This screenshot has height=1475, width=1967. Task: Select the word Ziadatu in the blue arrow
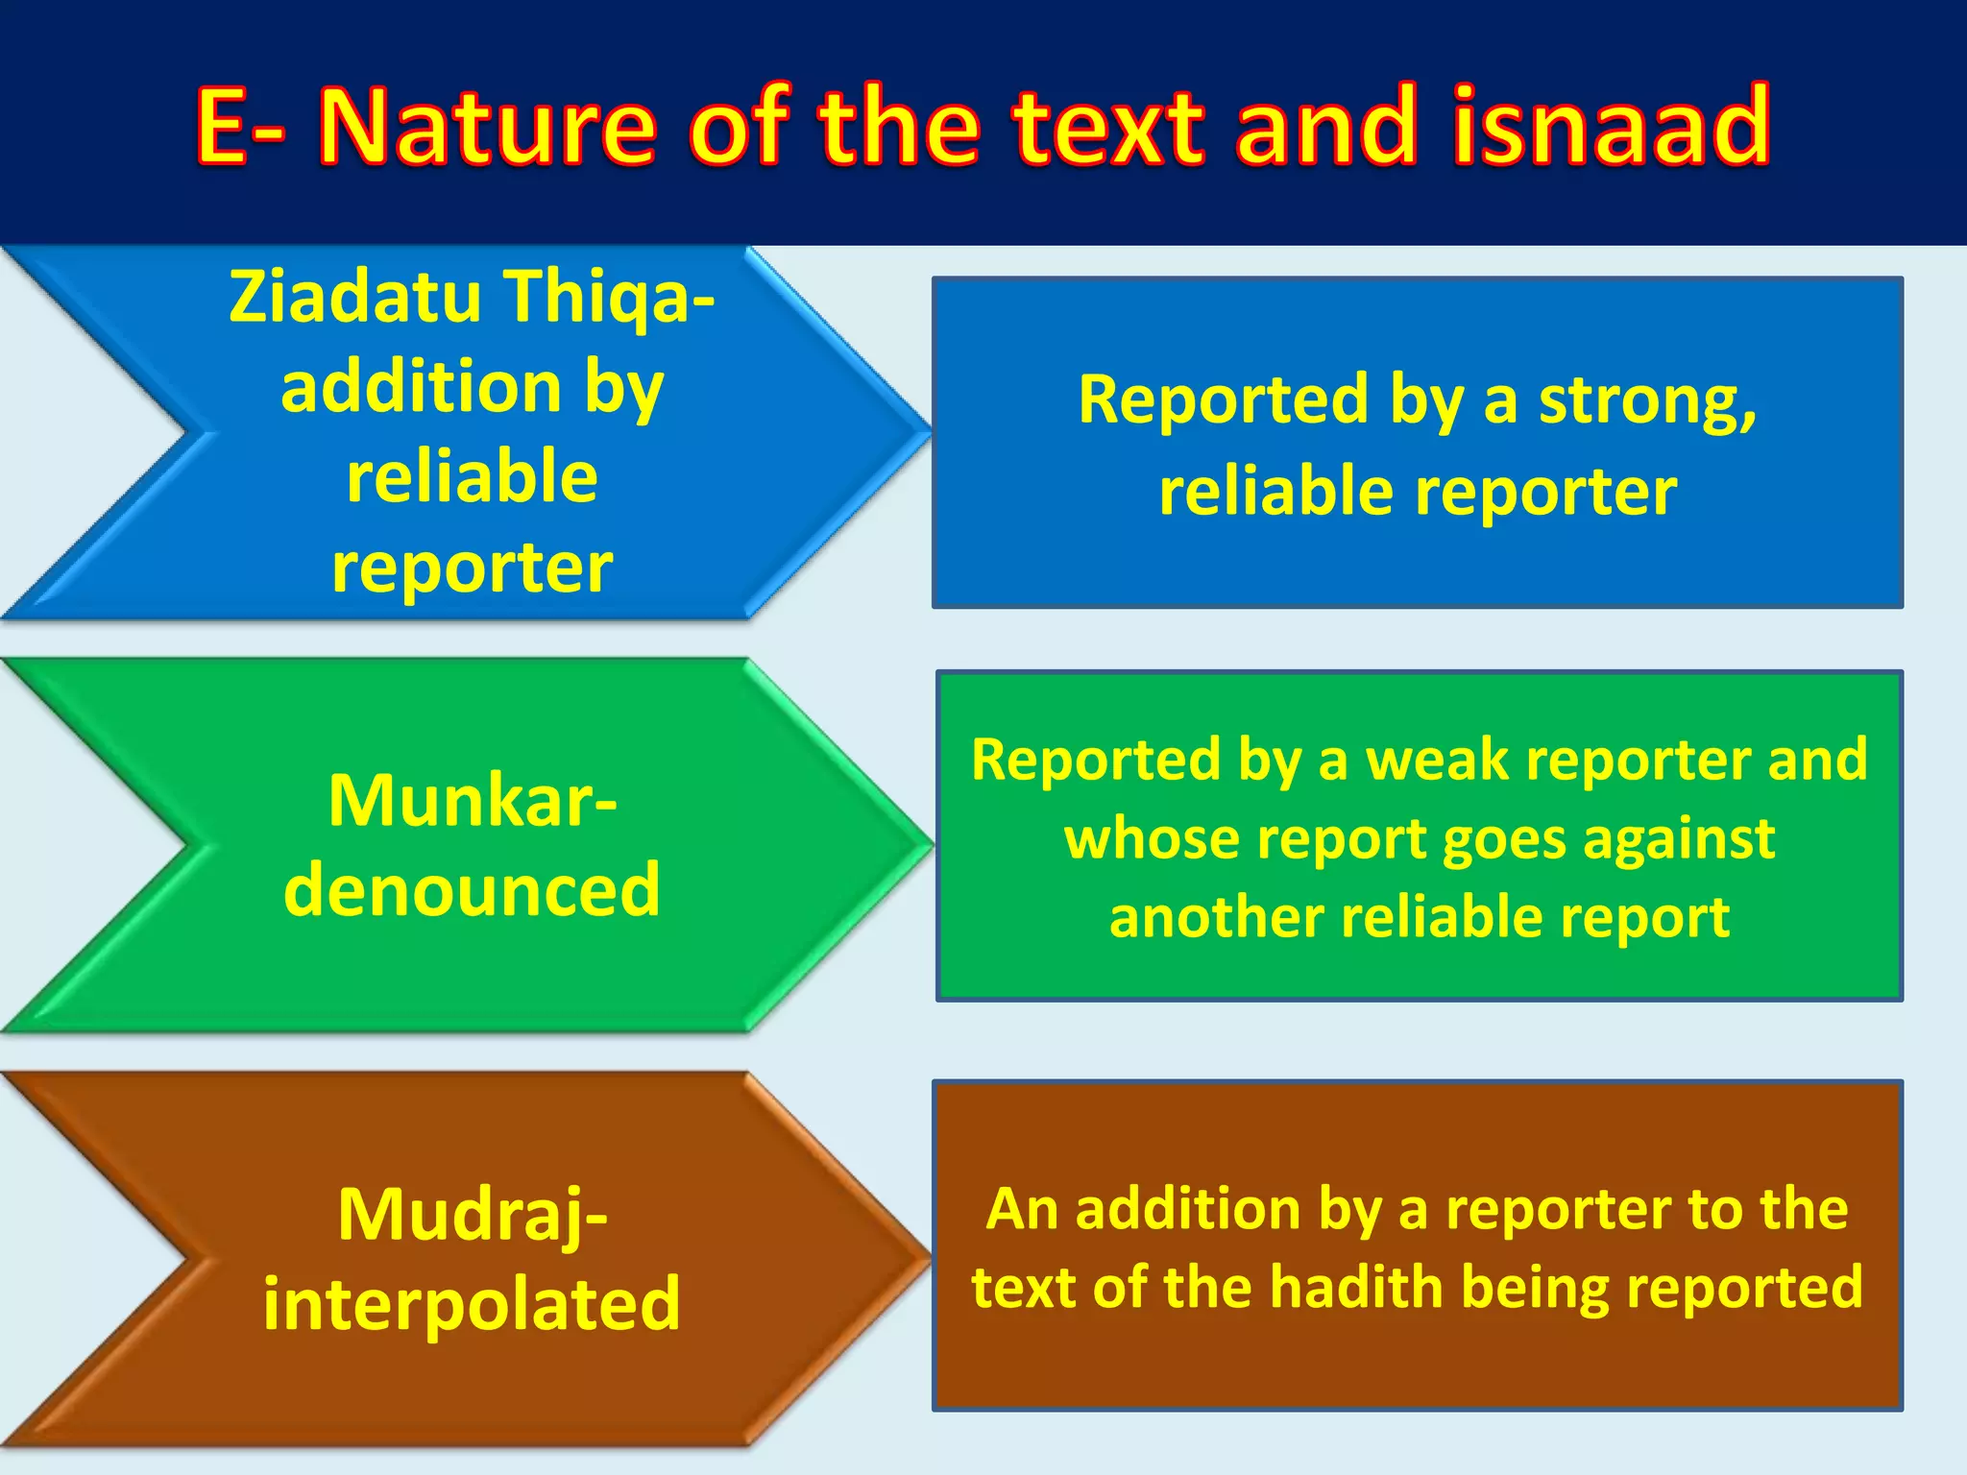pos(354,297)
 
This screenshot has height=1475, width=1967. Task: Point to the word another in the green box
pos(1216,917)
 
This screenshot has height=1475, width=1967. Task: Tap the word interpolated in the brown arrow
pos(472,1304)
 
